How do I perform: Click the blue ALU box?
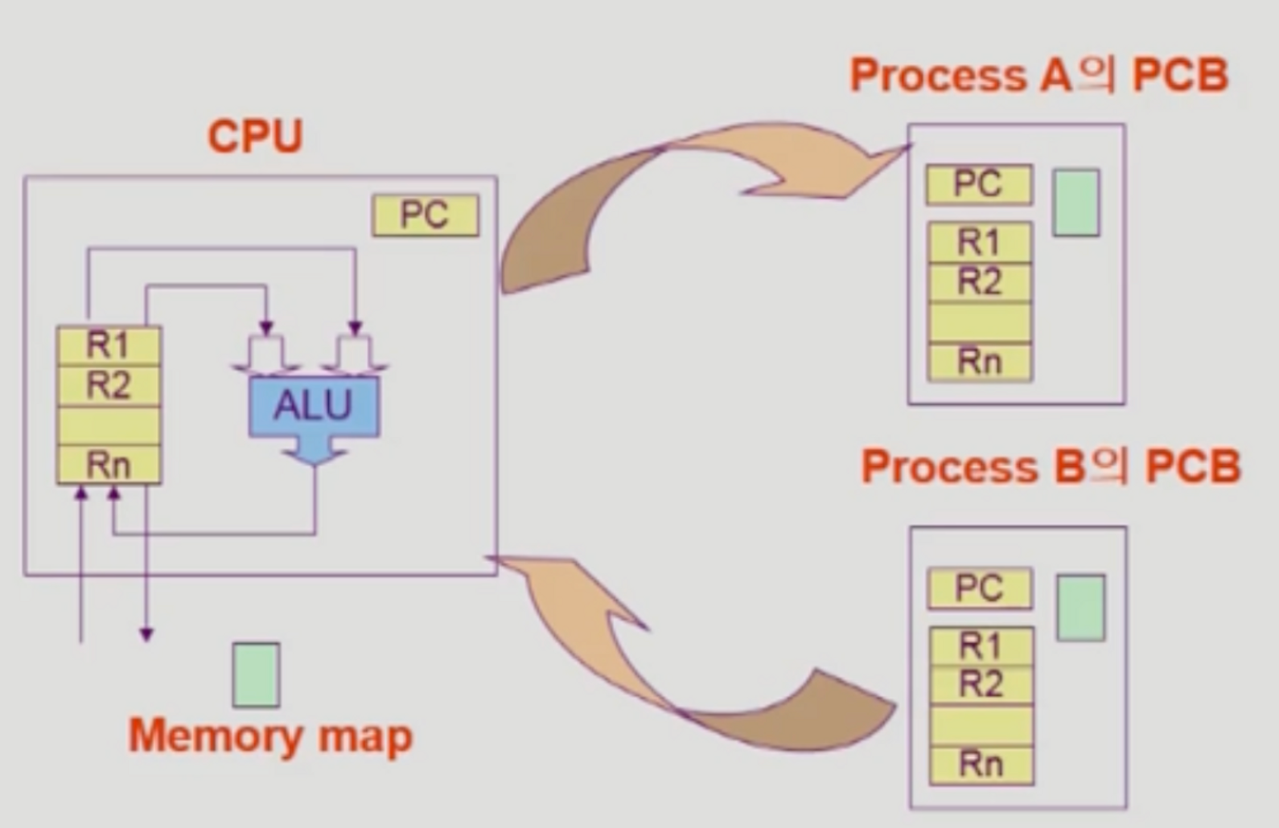(x=314, y=406)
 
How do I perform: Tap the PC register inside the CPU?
(x=425, y=215)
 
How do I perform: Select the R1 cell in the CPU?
(x=109, y=345)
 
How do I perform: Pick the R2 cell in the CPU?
(x=109, y=385)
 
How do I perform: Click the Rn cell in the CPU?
(x=109, y=465)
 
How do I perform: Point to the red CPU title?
(x=255, y=137)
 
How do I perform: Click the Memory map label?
(x=270, y=736)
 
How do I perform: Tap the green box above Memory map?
(x=256, y=674)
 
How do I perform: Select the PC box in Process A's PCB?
(x=978, y=184)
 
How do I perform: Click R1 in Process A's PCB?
(x=979, y=241)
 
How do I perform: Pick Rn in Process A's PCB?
(x=979, y=362)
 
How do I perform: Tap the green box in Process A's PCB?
(x=1075, y=203)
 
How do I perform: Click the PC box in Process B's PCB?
(x=979, y=588)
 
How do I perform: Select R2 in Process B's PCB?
(x=981, y=685)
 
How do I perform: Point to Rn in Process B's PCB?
(x=981, y=764)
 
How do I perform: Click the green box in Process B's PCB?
(x=1080, y=608)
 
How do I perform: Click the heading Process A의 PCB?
(x=1038, y=76)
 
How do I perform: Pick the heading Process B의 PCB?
(x=1050, y=467)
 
